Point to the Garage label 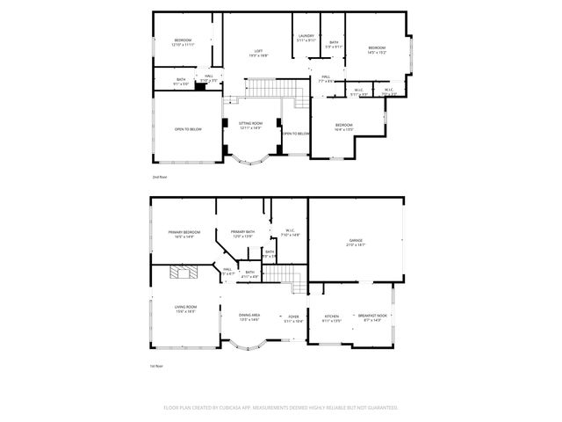(x=356, y=242)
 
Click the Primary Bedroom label (x=184, y=234)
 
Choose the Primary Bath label (x=243, y=234)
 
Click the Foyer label (x=293, y=317)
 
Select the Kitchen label (x=332, y=317)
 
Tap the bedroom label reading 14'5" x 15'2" (x=378, y=49)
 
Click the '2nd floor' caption (x=159, y=178)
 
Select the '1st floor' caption (x=157, y=367)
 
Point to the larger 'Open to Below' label (x=188, y=129)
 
